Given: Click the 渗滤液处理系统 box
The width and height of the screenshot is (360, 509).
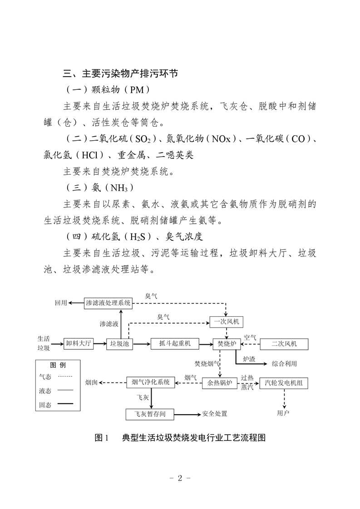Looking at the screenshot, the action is [x=108, y=303].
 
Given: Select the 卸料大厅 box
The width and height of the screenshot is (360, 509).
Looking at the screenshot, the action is [x=78, y=343].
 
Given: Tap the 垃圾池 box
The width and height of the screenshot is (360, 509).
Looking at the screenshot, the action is [x=120, y=344].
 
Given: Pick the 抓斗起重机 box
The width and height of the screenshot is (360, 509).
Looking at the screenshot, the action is [x=175, y=344].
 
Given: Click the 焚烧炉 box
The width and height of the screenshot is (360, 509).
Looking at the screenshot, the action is [x=227, y=344].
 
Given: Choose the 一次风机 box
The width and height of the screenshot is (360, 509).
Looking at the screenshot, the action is [x=227, y=322].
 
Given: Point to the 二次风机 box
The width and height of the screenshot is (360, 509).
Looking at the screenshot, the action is [x=284, y=344].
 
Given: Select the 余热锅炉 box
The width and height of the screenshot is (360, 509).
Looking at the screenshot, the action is [x=220, y=383].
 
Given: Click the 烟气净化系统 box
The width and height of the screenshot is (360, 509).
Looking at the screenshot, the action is [x=150, y=382].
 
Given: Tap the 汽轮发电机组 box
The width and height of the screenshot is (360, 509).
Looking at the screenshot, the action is [x=284, y=383].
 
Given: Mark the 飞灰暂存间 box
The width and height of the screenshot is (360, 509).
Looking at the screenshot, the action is [x=150, y=414].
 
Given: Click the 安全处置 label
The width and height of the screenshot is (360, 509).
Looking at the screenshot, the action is [x=215, y=414].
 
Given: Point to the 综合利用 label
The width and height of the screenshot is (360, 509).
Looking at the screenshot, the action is [x=284, y=364].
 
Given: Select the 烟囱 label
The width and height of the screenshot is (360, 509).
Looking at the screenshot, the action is [x=91, y=383].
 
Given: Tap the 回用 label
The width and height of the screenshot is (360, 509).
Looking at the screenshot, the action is [x=61, y=303].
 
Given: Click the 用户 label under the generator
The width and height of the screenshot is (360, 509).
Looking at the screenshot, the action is [x=283, y=413].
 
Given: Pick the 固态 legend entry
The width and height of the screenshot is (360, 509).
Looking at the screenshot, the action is [x=56, y=405].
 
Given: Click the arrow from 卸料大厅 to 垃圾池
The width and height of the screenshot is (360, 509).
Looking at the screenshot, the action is [x=100, y=344].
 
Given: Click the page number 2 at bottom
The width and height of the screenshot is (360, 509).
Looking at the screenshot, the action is [x=180, y=478].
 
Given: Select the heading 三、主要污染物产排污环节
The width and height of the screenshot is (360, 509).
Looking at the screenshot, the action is [x=121, y=73].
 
